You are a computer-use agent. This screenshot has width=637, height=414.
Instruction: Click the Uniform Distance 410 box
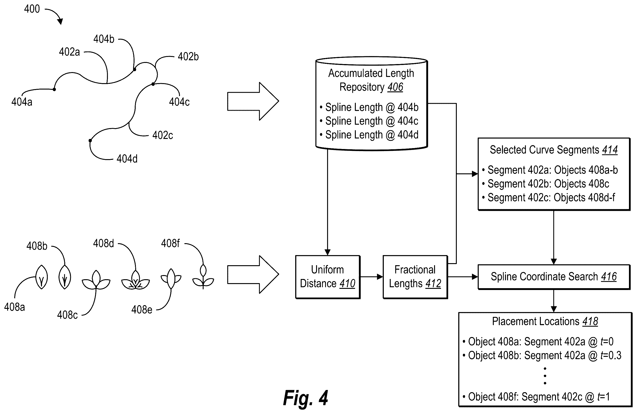328,277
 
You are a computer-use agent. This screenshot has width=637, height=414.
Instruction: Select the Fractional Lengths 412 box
415,277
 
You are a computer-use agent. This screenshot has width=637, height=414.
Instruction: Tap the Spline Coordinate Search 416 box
554,277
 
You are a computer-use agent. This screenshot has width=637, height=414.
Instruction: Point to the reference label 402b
188,57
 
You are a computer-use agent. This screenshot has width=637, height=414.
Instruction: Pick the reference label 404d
127,159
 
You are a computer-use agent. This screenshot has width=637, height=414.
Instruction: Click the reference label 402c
163,135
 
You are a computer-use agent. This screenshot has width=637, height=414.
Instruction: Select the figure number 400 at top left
32,9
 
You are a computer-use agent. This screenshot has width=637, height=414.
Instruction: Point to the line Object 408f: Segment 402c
536,397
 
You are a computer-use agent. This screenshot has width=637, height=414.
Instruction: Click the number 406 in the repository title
395,87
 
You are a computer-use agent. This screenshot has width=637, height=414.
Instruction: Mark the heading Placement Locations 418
545,321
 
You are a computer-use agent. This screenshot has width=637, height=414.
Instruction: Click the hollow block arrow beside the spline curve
253,101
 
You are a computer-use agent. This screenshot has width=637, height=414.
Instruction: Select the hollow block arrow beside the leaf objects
253,274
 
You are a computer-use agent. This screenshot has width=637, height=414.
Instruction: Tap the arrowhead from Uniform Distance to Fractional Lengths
380,277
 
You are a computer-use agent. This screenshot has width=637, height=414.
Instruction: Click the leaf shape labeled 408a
42,277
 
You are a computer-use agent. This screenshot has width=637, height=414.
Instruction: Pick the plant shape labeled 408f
203,277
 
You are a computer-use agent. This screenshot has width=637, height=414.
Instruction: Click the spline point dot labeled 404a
54,90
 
